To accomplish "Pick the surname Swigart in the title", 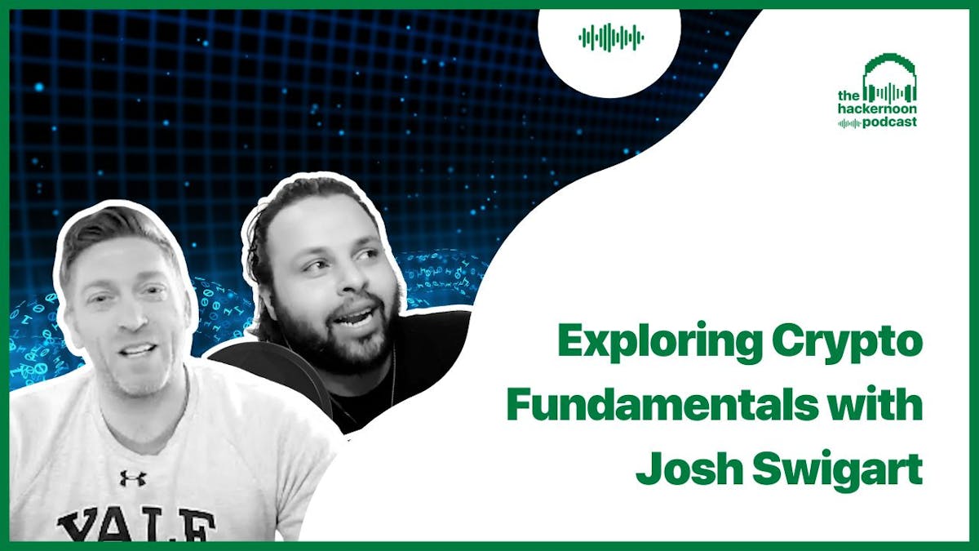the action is click(837, 470).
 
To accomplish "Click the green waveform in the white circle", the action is click(611, 38).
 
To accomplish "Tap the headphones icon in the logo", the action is click(890, 78).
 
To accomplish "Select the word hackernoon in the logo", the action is click(877, 109).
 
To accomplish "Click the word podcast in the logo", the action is click(889, 122).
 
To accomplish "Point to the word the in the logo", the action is click(848, 96).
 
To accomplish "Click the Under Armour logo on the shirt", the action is click(133, 478).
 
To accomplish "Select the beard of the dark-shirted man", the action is click(340, 335).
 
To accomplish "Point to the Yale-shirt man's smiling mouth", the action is click(138, 350).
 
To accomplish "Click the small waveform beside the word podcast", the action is click(849, 124).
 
